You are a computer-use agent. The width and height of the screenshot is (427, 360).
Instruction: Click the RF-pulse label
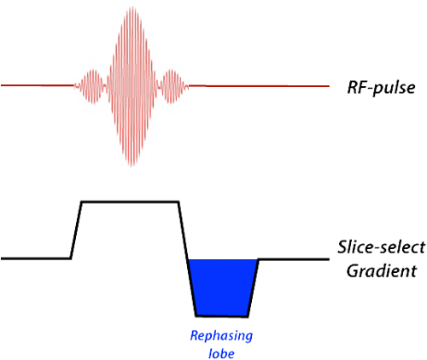tap(381, 87)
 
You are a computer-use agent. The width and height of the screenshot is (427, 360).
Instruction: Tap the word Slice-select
tap(382, 247)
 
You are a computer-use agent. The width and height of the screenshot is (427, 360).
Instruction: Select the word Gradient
tap(382, 270)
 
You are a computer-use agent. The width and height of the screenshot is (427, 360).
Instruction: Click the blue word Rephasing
tap(221, 336)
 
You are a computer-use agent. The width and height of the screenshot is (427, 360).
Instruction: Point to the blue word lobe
tap(221, 353)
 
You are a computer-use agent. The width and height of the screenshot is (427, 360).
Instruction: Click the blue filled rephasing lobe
tap(222, 287)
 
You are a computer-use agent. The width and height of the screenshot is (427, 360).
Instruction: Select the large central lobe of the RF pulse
tap(132, 86)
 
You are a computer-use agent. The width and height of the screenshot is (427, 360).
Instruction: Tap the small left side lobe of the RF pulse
tap(91, 86)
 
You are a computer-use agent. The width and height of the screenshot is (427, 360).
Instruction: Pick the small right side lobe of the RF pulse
tap(172, 86)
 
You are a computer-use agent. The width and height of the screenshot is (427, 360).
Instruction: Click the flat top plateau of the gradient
tap(130, 202)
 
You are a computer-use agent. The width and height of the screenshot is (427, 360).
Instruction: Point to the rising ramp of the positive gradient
tap(76, 230)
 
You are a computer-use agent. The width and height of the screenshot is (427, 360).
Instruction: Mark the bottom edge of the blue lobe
tap(222, 316)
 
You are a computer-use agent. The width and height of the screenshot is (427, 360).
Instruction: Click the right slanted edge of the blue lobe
tap(253, 287)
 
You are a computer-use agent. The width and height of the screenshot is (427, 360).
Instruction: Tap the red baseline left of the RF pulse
tap(38, 85)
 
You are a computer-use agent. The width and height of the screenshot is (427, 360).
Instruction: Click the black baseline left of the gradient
tap(36, 258)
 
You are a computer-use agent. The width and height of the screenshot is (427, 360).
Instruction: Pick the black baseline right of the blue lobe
tap(294, 259)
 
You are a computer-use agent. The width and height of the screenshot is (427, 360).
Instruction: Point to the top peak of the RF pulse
tap(132, 7)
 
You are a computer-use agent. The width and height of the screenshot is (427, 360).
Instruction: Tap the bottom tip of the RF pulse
tap(132, 165)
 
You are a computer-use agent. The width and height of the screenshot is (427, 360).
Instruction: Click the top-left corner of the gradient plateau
tap(82, 202)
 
